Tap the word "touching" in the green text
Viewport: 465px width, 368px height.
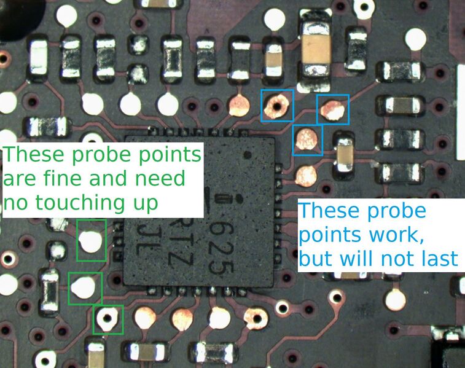coord(83,204)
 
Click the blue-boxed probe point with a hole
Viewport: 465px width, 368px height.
coord(277,106)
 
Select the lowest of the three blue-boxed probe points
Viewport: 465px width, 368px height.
coord(307,139)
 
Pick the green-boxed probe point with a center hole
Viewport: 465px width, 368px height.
coord(108,319)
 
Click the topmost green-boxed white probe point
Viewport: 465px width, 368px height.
coord(91,241)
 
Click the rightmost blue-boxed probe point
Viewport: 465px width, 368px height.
coord(332,110)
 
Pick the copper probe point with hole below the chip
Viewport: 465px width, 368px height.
coord(256,319)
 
